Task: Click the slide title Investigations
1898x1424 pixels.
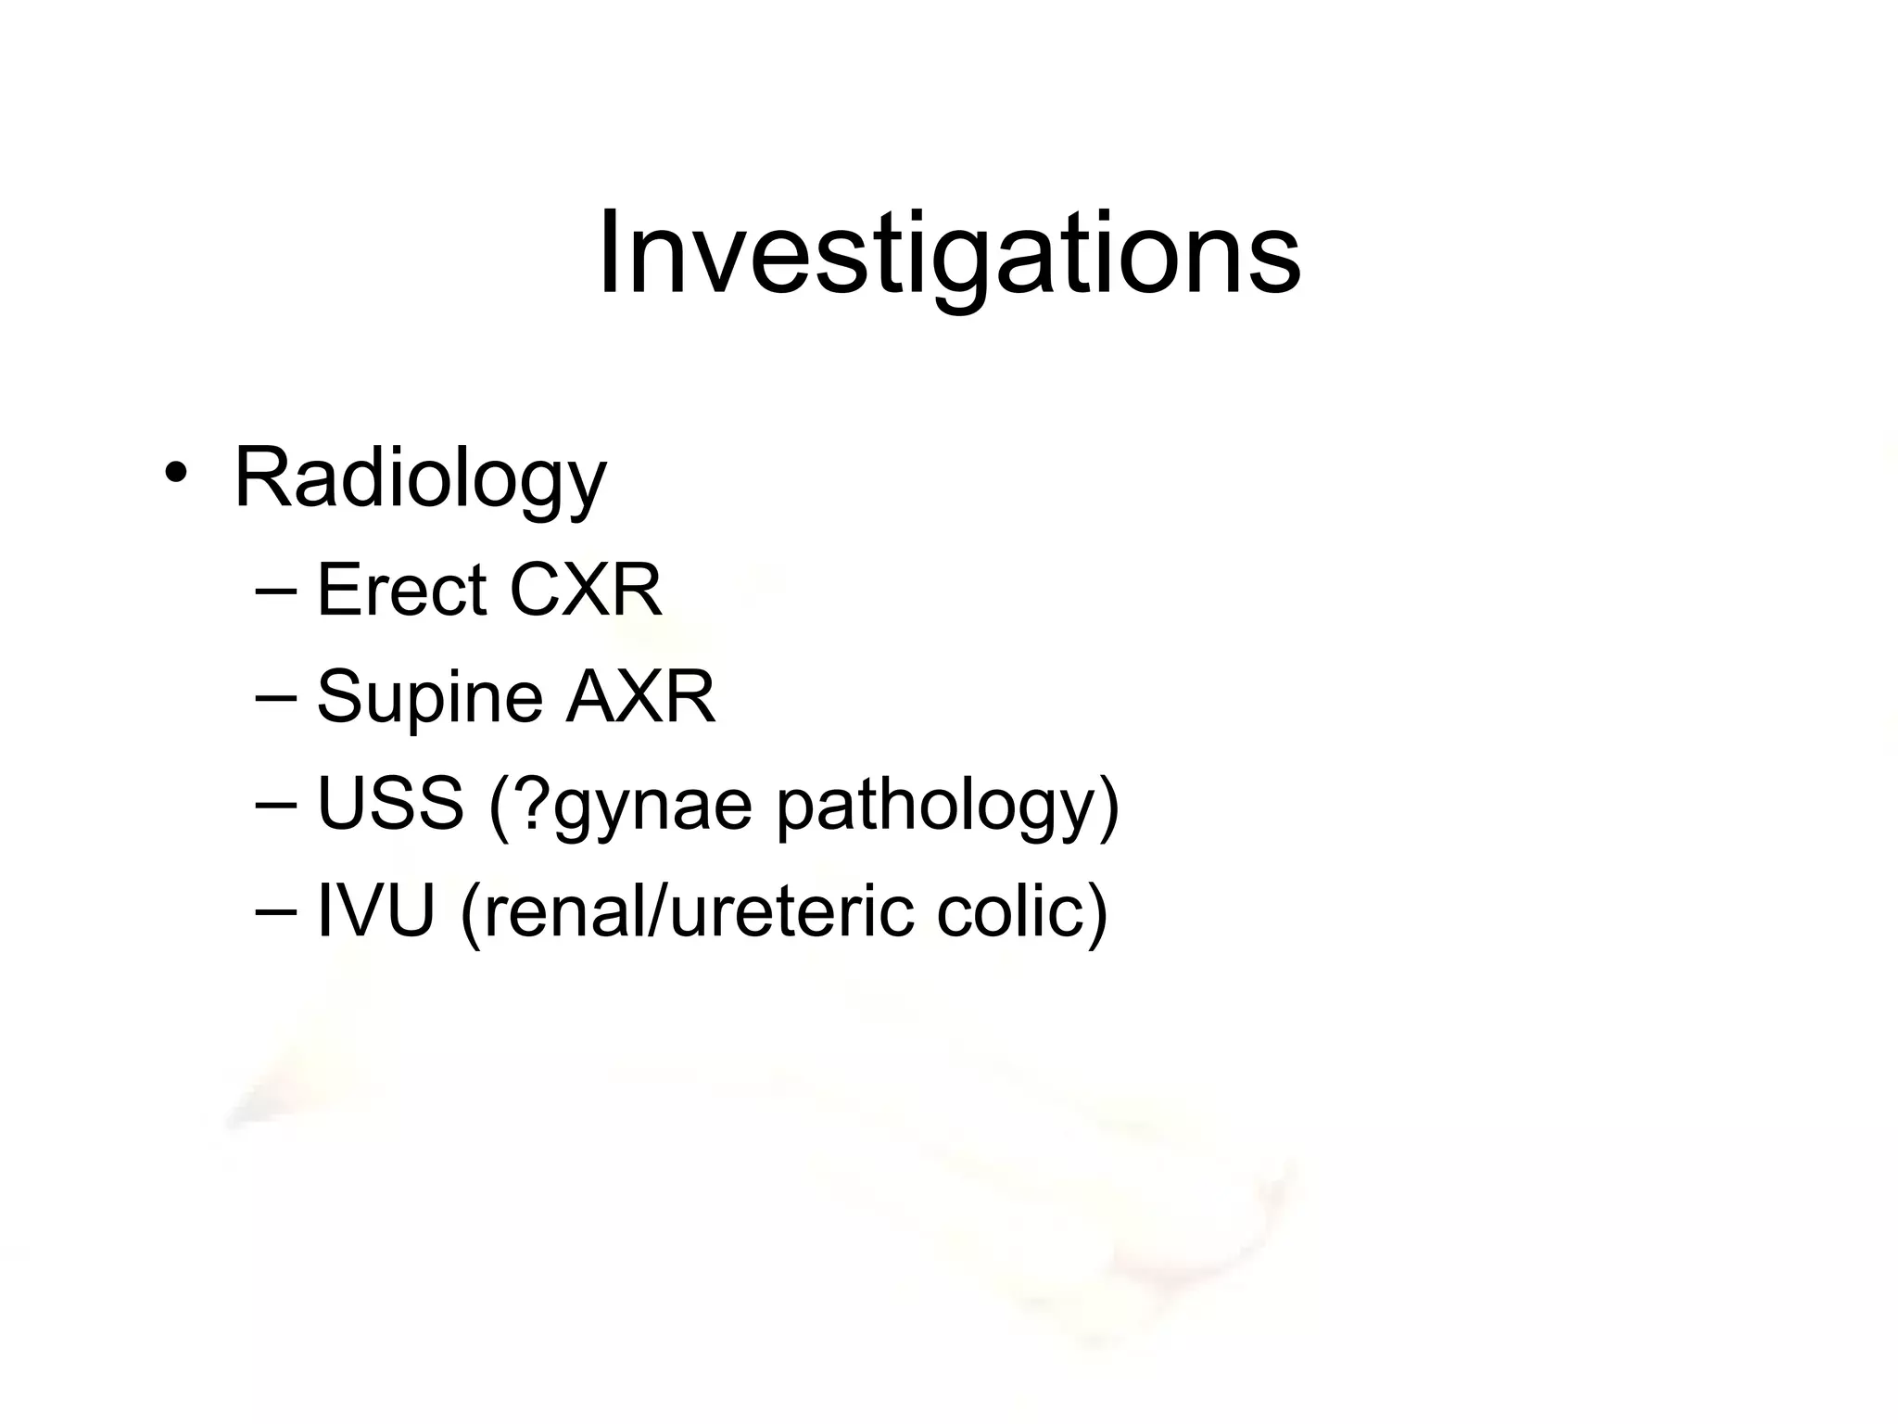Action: pyautogui.click(x=949, y=252)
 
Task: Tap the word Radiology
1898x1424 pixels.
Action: pyautogui.click(x=420, y=478)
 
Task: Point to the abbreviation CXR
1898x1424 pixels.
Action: pyautogui.click(x=586, y=590)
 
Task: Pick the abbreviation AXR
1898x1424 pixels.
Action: pyautogui.click(x=640, y=697)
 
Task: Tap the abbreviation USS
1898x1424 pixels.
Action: pyautogui.click(x=390, y=804)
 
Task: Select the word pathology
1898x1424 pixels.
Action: pyautogui.click(x=936, y=806)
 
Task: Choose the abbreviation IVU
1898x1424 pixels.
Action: pyautogui.click(x=376, y=911)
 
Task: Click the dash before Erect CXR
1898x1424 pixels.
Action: pyautogui.click(x=275, y=591)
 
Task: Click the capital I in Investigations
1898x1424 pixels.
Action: pyautogui.click(x=609, y=252)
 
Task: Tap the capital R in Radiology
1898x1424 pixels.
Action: pyautogui.click(x=262, y=477)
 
